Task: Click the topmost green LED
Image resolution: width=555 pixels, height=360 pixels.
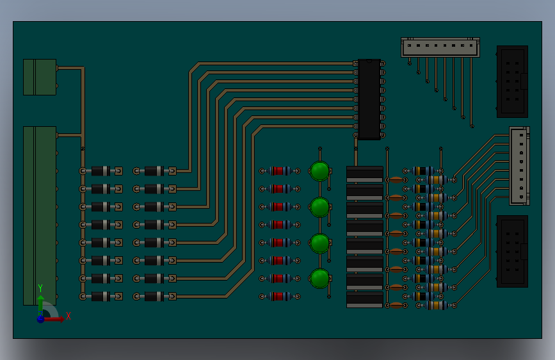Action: pyautogui.click(x=320, y=171)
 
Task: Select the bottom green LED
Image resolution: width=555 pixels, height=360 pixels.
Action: pyautogui.click(x=320, y=279)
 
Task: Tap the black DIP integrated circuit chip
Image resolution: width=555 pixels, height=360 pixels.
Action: pyautogui.click(x=369, y=99)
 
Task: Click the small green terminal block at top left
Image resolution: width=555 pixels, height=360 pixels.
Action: pyautogui.click(x=40, y=77)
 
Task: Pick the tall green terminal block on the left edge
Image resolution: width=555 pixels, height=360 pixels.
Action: pyautogui.click(x=40, y=215)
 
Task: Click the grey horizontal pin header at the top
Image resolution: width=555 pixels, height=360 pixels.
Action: pyautogui.click(x=440, y=47)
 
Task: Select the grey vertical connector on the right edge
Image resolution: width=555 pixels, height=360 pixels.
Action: pyautogui.click(x=520, y=166)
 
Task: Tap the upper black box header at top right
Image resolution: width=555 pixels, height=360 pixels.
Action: pyautogui.click(x=512, y=81)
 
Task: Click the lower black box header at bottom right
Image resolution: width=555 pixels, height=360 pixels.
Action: pyautogui.click(x=512, y=251)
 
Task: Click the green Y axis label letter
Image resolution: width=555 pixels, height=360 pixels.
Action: pyautogui.click(x=40, y=288)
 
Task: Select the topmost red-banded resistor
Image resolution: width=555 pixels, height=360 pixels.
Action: pyautogui.click(x=280, y=171)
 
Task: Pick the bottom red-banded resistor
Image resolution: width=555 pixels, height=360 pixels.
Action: pyautogui.click(x=280, y=296)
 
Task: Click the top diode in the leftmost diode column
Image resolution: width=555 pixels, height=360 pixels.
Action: pyautogui.click(x=101, y=171)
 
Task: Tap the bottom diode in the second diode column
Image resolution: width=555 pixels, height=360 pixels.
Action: pyautogui.click(x=154, y=296)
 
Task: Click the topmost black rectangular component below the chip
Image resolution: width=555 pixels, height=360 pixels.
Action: pyautogui.click(x=365, y=174)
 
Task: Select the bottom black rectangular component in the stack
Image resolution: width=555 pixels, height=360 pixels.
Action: pyautogui.click(x=365, y=300)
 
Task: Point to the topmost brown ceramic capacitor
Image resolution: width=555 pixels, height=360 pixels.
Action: pyautogui.click(x=396, y=180)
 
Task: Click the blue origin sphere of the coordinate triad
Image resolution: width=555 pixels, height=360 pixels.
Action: pyautogui.click(x=41, y=319)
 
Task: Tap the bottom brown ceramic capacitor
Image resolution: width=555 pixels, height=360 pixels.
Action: pyautogui.click(x=396, y=306)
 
